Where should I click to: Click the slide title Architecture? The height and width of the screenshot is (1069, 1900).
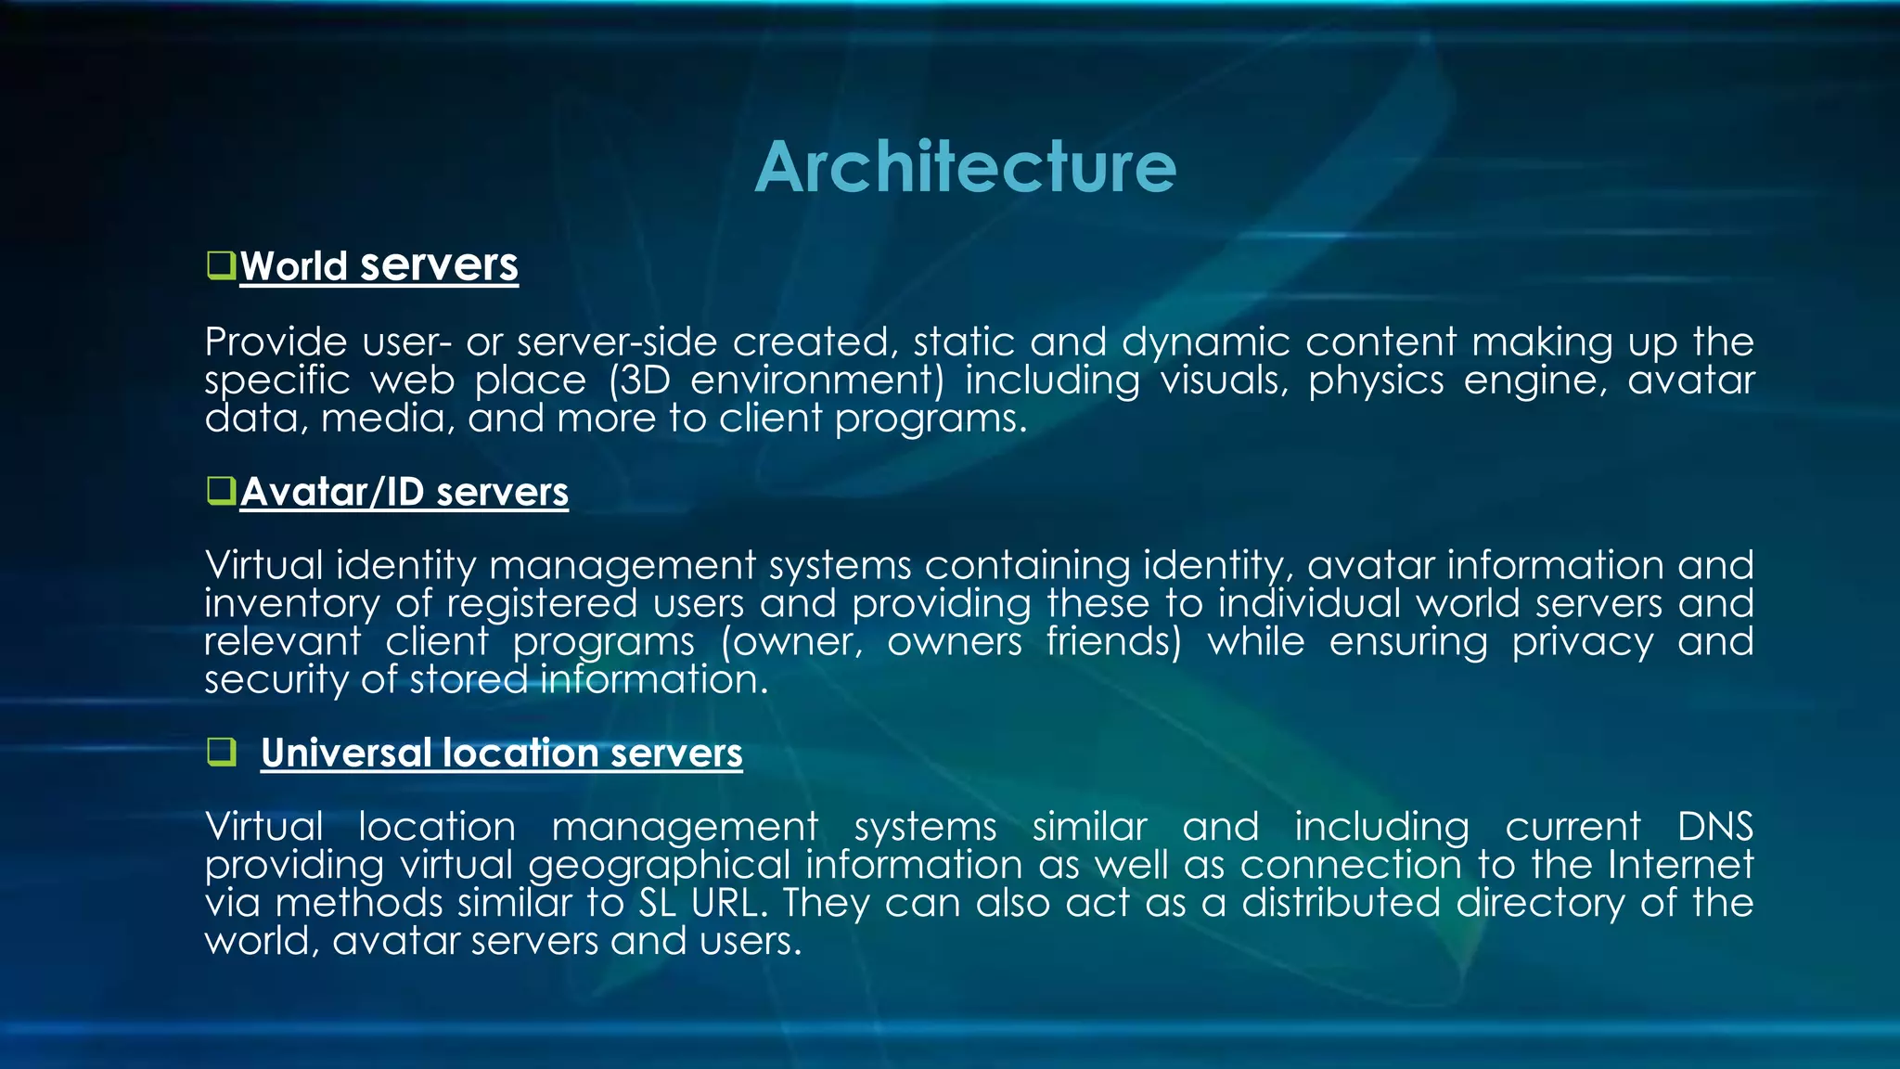pos(966,168)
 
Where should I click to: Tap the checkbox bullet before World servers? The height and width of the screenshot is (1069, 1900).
pos(221,265)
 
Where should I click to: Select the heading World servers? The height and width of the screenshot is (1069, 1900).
pos(379,266)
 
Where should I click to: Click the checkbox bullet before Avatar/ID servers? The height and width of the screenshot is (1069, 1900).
pos(221,490)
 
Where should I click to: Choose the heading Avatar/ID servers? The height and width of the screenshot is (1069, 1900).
pos(404,492)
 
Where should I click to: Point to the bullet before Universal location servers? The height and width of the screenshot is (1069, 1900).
pos(221,752)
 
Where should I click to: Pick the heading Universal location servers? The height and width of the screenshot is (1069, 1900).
pos(501,753)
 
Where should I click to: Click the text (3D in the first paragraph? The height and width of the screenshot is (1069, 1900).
pos(640,380)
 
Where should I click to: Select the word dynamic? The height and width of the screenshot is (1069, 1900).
pos(1205,342)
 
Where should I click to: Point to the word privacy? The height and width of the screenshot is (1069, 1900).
pos(1582,642)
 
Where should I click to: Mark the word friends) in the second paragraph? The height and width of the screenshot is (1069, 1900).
pos(1113,642)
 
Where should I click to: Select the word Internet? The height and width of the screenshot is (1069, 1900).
pos(1680,865)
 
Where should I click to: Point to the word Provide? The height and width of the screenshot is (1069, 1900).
pos(276,342)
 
